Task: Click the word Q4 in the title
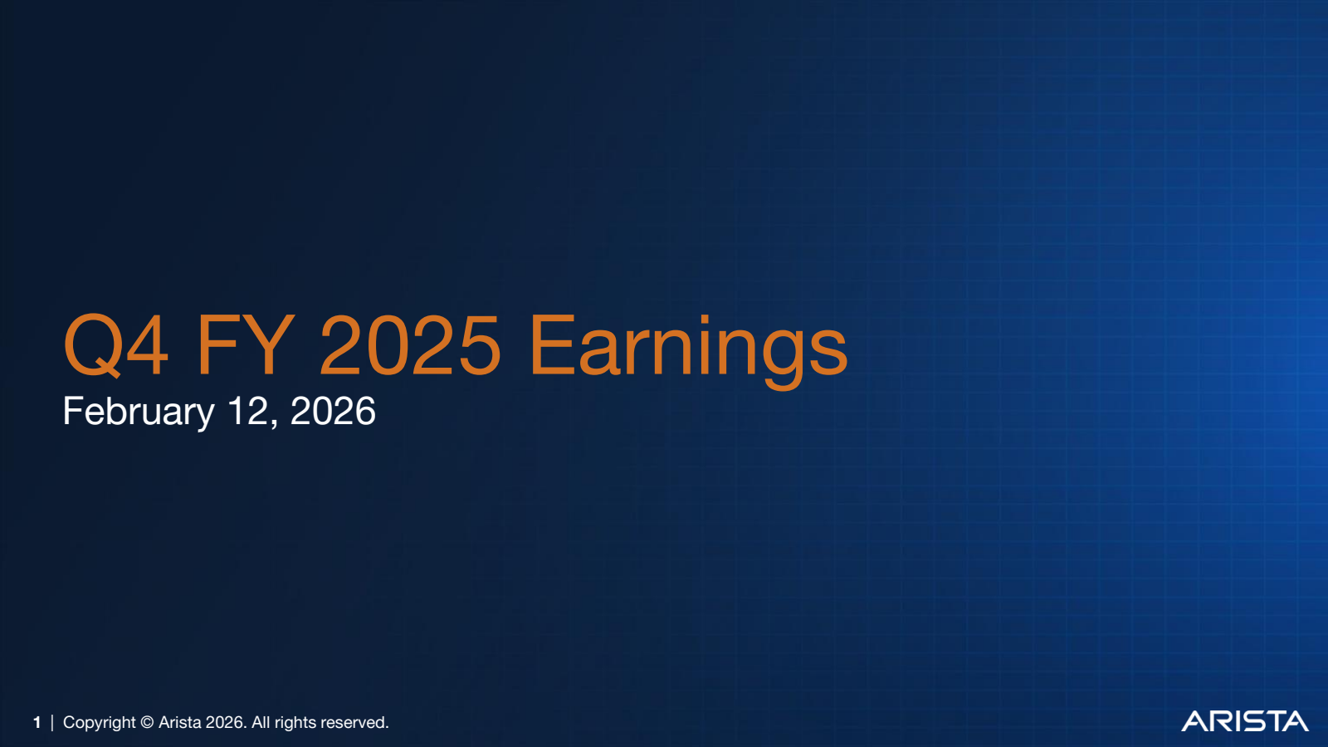coord(116,345)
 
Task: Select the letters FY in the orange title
coord(245,345)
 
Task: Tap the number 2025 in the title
coord(410,345)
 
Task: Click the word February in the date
coord(139,412)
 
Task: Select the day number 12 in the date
coord(247,412)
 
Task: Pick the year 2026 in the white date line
coord(333,412)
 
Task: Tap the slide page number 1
coord(37,723)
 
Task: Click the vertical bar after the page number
coord(52,723)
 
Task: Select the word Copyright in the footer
coord(99,723)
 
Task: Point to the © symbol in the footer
coord(147,723)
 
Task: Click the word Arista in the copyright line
coord(179,723)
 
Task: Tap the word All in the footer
coord(261,723)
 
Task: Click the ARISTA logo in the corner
coord(1244,721)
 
